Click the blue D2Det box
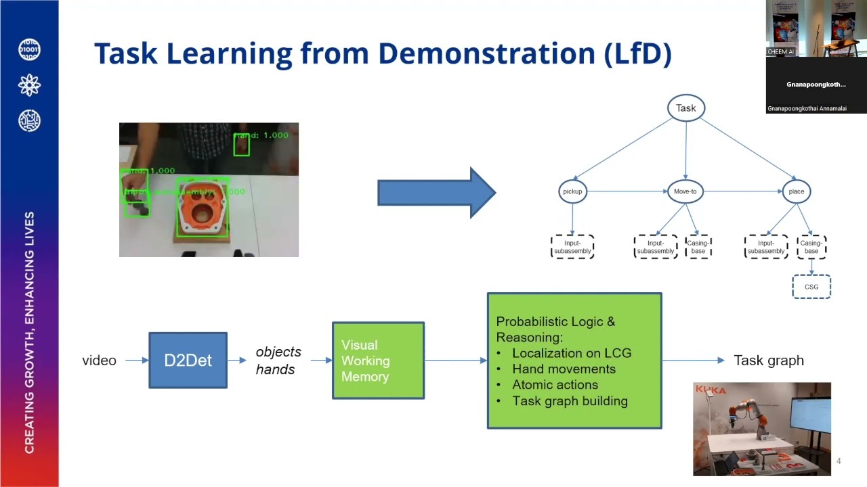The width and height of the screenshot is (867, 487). pos(188,361)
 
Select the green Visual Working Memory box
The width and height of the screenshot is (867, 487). pos(378,361)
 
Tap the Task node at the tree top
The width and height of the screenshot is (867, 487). pos(685,108)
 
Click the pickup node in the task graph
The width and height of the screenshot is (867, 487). pos(572,191)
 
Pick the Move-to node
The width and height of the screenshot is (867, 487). pos(685,191)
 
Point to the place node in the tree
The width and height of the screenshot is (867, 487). pos(796,191)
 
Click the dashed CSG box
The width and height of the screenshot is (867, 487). pos(811,287)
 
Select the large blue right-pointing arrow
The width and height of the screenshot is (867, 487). pos(436,193)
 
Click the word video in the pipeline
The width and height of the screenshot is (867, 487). pos(99,361)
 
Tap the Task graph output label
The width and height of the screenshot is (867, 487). pos(768,361)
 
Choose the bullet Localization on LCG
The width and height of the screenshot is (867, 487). pos(571,353)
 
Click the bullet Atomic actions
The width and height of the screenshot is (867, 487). pos(555,385)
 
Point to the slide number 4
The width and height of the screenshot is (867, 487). pos(839,461)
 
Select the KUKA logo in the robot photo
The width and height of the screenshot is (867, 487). pos(710,390)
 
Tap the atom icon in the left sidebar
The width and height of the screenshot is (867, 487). pos(29,85)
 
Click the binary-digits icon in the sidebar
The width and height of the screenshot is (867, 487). pos(29,50)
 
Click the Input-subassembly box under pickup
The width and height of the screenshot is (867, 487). pos(572,247)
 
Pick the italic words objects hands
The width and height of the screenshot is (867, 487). pos(278,361)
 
